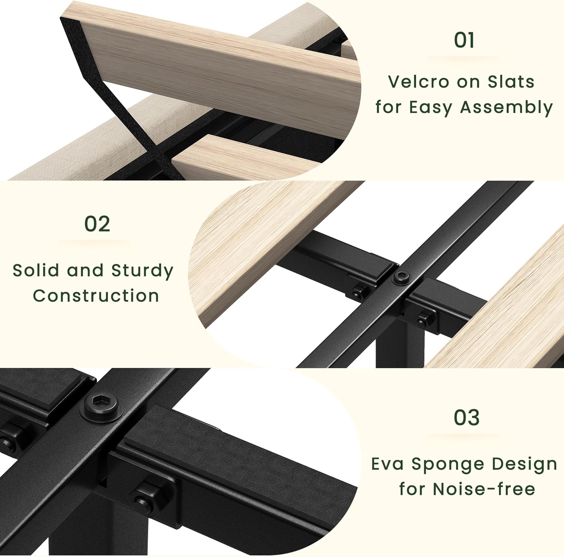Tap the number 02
point(97,224)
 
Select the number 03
point(467,417)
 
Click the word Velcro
point(418,82)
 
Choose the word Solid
point(36,270)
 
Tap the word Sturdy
point(142,271)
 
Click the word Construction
point(96,296)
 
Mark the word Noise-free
point(484,489)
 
